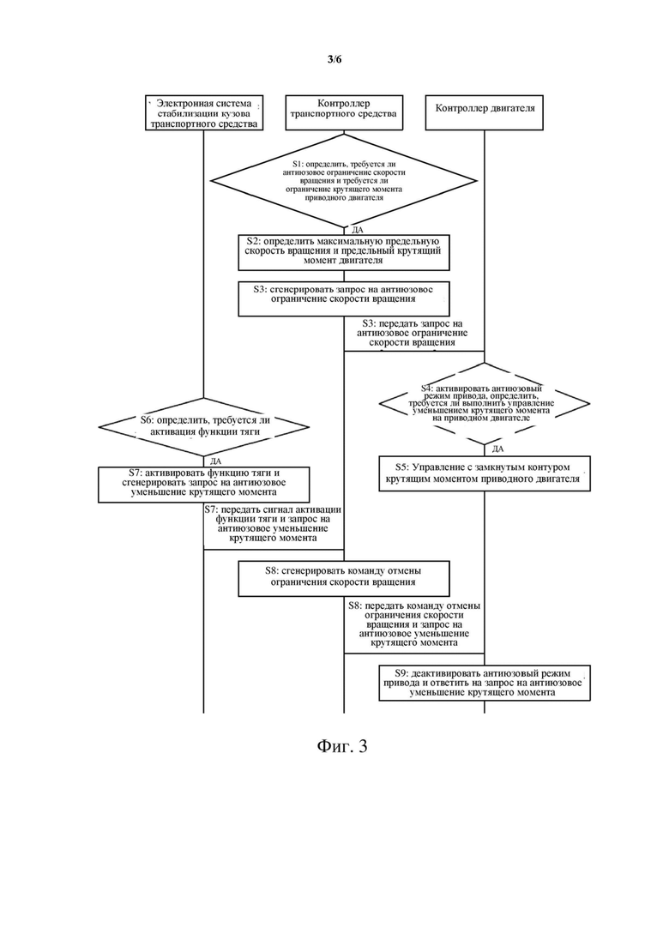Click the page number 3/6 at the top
point(334,58)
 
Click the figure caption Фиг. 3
point(342,746)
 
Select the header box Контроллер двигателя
point(485,112)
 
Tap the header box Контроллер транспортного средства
point(344,112)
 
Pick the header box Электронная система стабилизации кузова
point(204,112)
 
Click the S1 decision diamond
point(344,180)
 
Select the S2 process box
point(344,251)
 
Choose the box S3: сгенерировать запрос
point(344,298)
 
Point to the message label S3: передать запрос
point(412,333)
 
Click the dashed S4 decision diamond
point(485,403)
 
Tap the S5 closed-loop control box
point(485,473)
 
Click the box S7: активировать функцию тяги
point(204,484)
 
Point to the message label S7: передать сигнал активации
point(274,524)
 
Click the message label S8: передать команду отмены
point(413,624)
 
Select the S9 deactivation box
point(485,683)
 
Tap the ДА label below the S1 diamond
point(357,230)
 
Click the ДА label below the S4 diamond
point(497,449)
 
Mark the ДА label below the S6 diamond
point(215,461)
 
